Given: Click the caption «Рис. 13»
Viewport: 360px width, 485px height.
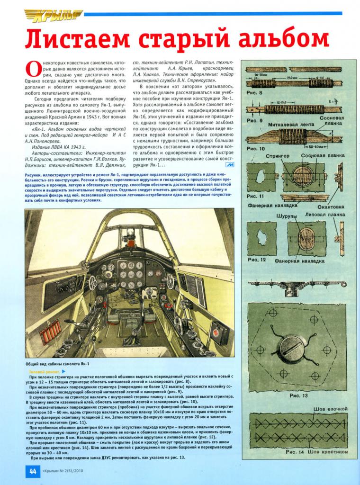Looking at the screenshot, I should tap(298, 394).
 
